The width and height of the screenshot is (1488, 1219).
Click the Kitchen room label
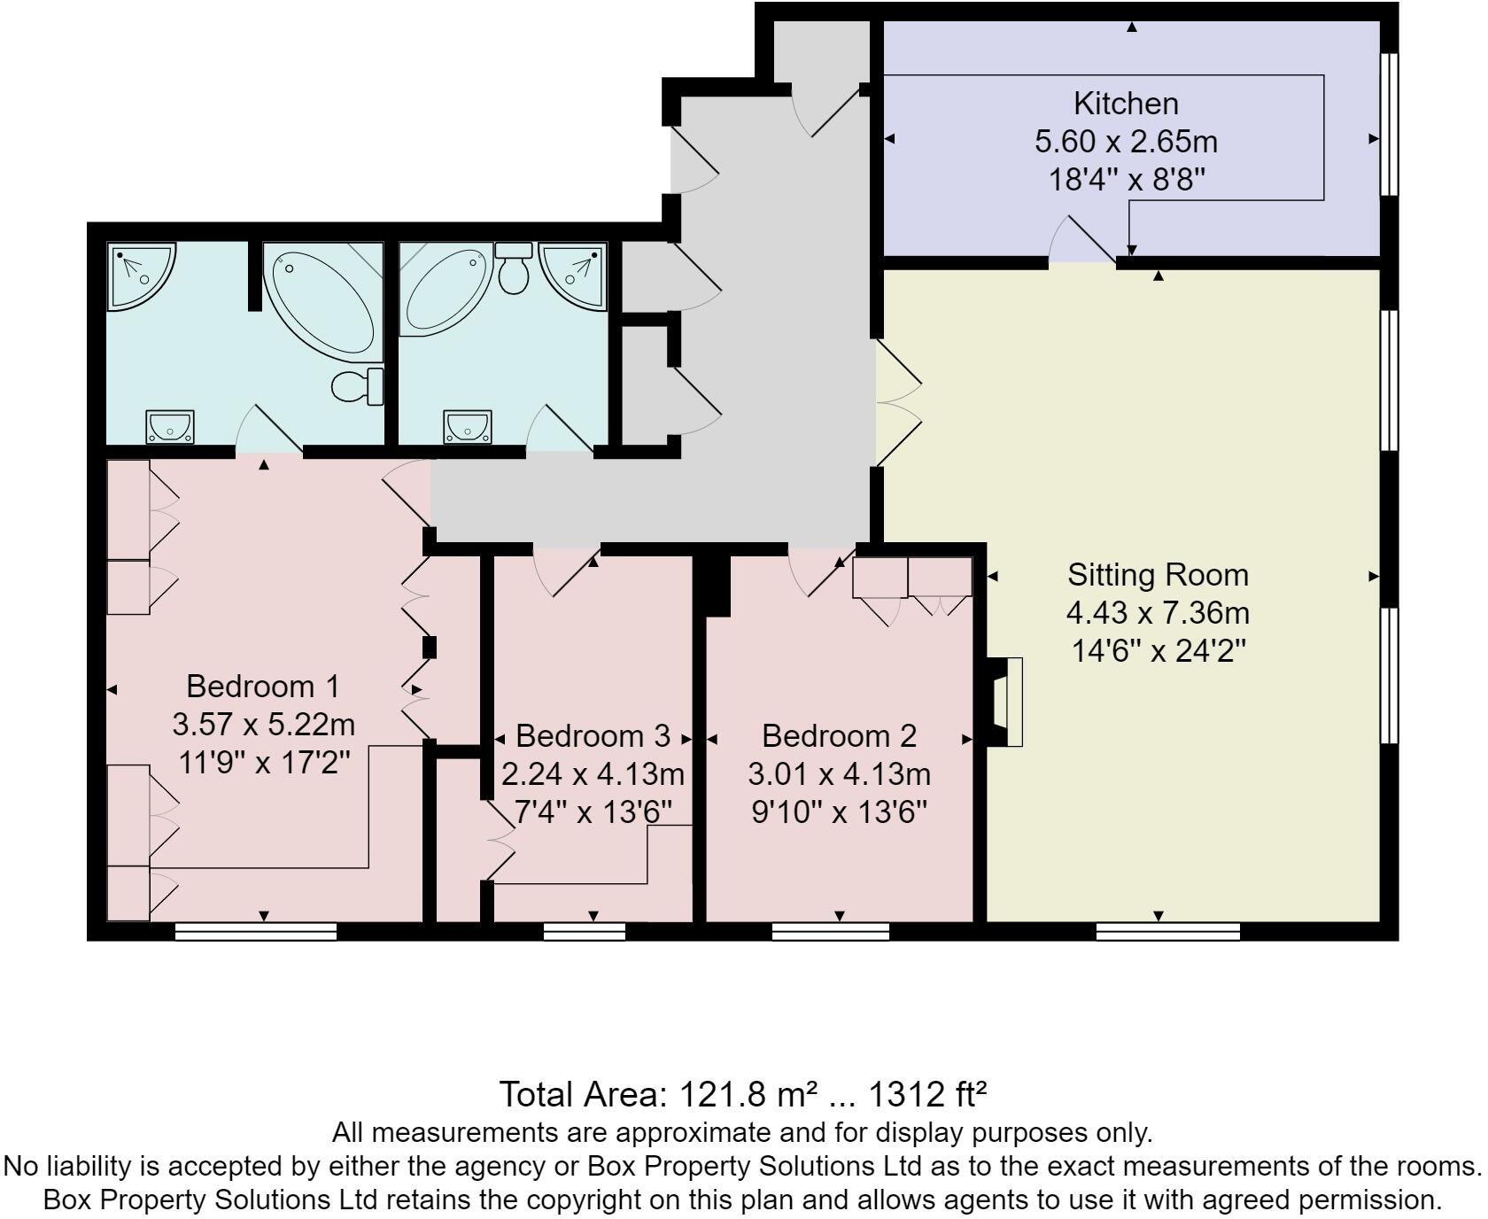point(1126,104)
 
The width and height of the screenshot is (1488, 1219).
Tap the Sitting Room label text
point(1158,575)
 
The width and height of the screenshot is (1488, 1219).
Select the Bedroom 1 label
point(263,687)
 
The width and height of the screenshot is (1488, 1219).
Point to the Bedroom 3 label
point(593,736)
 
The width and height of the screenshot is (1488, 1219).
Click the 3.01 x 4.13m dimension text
point(839,774)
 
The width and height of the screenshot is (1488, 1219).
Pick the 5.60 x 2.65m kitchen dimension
point(1126,142)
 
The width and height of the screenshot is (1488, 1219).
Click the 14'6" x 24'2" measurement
point(1158,651)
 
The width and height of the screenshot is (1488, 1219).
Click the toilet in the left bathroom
point(358,385)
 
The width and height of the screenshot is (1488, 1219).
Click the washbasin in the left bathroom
point(170,427)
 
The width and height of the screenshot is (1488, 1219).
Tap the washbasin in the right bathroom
point(468,427)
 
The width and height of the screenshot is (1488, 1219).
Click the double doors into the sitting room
point(896,403)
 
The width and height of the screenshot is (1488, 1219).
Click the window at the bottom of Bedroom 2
point(830,931)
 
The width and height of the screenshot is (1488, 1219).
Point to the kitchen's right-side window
point(1390,123)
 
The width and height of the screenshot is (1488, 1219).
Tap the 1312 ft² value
point(926,1095)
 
